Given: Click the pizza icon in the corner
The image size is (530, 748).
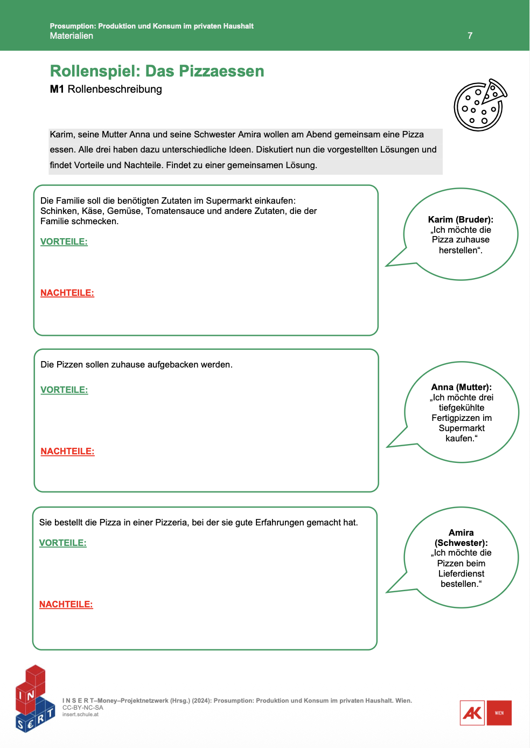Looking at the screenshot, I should [480, 105].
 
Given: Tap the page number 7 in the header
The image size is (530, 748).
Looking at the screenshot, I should [470, 36].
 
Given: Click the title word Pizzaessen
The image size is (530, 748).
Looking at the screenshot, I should [221, 71].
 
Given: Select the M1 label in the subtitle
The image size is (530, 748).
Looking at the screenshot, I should [57, 89].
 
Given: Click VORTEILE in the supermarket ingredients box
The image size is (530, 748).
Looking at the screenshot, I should [64, 241].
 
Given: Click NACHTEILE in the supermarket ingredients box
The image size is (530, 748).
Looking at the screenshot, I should [67, 293].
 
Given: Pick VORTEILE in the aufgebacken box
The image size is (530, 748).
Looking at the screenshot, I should [64, 390].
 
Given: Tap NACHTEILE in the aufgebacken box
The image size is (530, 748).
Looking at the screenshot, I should [67, 451].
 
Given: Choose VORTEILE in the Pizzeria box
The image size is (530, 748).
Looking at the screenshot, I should [62, 543].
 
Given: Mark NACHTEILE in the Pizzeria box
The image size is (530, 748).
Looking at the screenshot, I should [66, 604].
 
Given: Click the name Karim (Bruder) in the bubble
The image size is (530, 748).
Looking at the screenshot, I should [461, 219].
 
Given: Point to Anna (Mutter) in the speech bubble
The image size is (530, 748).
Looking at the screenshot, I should [461, 387].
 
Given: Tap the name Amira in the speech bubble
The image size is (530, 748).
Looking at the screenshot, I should [461, 532].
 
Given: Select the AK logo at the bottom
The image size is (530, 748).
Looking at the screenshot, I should [472, 713].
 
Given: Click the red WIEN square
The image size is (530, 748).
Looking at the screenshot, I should [499, 713].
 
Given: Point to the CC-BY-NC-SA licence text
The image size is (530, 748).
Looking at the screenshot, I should [82, 708].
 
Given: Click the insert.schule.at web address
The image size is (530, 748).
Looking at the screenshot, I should [80, 715].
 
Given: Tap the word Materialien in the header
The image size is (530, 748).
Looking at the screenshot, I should [71, 36].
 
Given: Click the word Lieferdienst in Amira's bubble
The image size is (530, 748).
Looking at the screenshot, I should [461, 573].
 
